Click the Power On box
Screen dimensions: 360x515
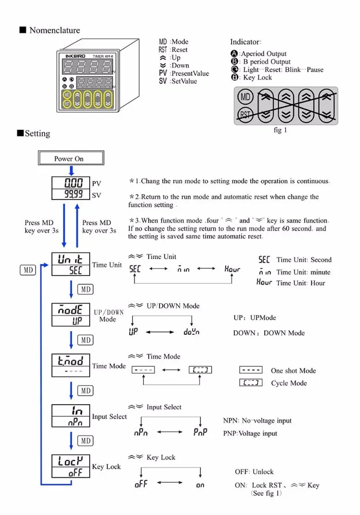71,158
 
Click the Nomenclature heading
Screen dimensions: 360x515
55,30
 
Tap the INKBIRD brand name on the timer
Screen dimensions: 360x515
75,56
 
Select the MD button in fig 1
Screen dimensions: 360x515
245,97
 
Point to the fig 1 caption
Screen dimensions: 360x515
280,130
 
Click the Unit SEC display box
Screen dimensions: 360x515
71,264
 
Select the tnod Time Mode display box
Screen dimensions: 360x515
71,365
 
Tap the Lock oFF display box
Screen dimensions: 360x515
71,466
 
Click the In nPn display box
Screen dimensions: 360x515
71,416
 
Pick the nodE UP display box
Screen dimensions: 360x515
71,315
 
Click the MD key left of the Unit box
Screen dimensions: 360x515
28,270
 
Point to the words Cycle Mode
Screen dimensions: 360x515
289,383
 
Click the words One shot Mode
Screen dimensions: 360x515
294,370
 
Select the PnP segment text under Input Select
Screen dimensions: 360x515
200,432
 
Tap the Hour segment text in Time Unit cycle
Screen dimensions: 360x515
232,269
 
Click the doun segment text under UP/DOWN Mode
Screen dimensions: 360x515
192,332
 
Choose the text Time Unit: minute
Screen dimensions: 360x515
303,272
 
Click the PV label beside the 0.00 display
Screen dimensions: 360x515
96,183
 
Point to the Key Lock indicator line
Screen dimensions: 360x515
252,78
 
